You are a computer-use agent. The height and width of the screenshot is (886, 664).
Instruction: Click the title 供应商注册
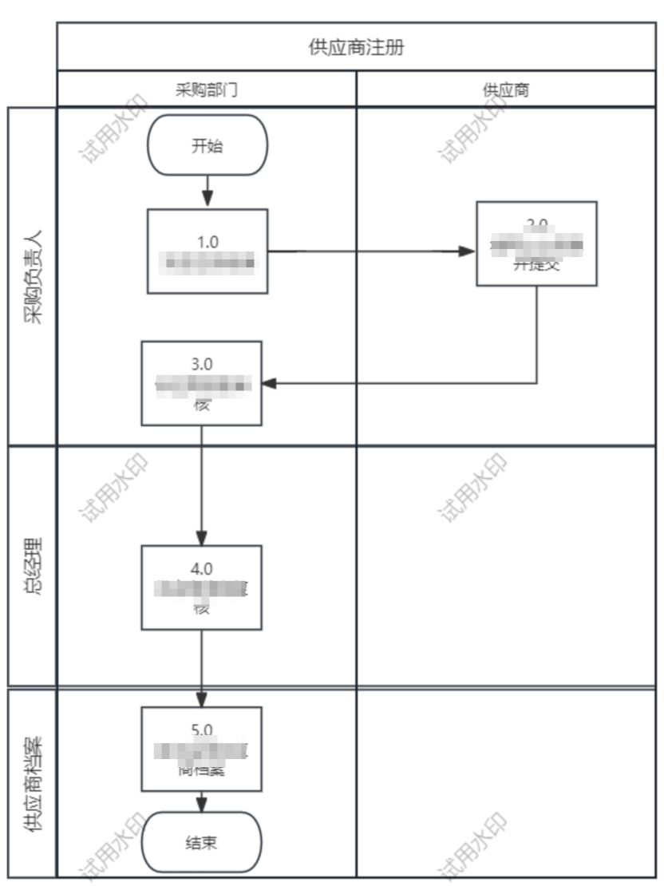[356, 48]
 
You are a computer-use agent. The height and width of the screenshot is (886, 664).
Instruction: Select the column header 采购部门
[207, 89]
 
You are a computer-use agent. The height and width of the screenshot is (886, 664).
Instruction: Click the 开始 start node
[207, 145]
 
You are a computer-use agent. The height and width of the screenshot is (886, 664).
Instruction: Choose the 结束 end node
[202, 842]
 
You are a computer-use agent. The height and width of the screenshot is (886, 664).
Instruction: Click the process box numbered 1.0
[207, 251]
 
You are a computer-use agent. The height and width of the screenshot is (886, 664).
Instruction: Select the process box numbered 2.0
[536, 243]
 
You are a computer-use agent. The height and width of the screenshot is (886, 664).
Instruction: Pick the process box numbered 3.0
[202, 383]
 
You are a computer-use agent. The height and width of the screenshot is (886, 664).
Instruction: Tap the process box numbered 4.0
[202, 587]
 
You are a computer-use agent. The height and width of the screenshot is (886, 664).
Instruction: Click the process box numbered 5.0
[202, 749]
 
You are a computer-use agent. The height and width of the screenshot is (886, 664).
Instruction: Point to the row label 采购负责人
[33, 276]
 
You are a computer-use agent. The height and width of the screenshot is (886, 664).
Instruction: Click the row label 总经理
[33, 567]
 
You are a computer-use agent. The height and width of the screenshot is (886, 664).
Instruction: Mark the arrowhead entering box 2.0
[468, 252]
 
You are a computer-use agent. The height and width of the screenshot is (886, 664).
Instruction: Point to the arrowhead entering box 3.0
[270, 383]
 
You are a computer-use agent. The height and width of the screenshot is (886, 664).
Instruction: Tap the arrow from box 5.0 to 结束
[202, 801]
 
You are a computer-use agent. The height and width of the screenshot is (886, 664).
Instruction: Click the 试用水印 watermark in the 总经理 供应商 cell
[474, 488]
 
